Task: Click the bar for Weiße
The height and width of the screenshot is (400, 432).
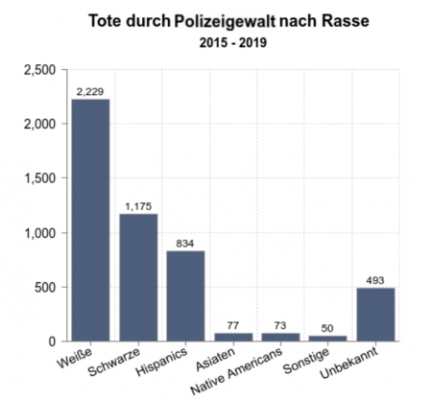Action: [x=90, y=220]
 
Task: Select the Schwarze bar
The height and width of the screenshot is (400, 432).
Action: [x=138, y=277]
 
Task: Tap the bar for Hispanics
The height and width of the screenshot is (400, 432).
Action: [x=185, y=296]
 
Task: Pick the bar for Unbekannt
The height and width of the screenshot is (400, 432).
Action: [x=375, y=315]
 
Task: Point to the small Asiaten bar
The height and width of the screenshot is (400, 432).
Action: [x=233, y=337]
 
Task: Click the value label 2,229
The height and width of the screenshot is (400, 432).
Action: [x=90, y=91]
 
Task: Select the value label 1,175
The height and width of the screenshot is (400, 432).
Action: [x=138, y=206]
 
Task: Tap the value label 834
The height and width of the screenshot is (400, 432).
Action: [x=185, y=244]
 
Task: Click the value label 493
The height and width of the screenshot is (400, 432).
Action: [x=375, y=280]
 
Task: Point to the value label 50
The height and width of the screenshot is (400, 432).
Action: [x=327, y=328]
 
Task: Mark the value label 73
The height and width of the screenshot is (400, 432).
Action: [x=280, y=325]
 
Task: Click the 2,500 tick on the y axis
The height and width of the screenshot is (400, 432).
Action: [x=40, y=70]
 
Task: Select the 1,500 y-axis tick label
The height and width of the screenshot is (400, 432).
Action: [x=40, y=178]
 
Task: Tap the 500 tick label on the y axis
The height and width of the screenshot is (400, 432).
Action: [x=45, y=288]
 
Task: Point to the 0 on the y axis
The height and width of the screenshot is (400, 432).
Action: [x=52, y=341]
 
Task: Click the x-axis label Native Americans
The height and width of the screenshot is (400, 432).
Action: [x=236, y=370]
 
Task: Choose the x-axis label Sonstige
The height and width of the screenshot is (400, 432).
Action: [x=306, y=361]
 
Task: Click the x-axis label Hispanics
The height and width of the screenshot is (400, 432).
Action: [x=161, y=362]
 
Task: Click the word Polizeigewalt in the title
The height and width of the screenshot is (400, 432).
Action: [x=225, y=21]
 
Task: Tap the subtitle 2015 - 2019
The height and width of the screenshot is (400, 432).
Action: [x=233, y=42]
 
